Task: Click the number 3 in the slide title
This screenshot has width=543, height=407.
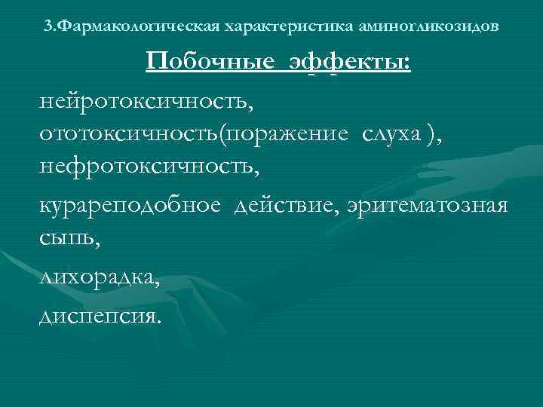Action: (48, 27)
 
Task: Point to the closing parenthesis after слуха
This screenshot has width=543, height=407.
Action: (429, 133)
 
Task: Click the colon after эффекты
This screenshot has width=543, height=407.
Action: (407, 64)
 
